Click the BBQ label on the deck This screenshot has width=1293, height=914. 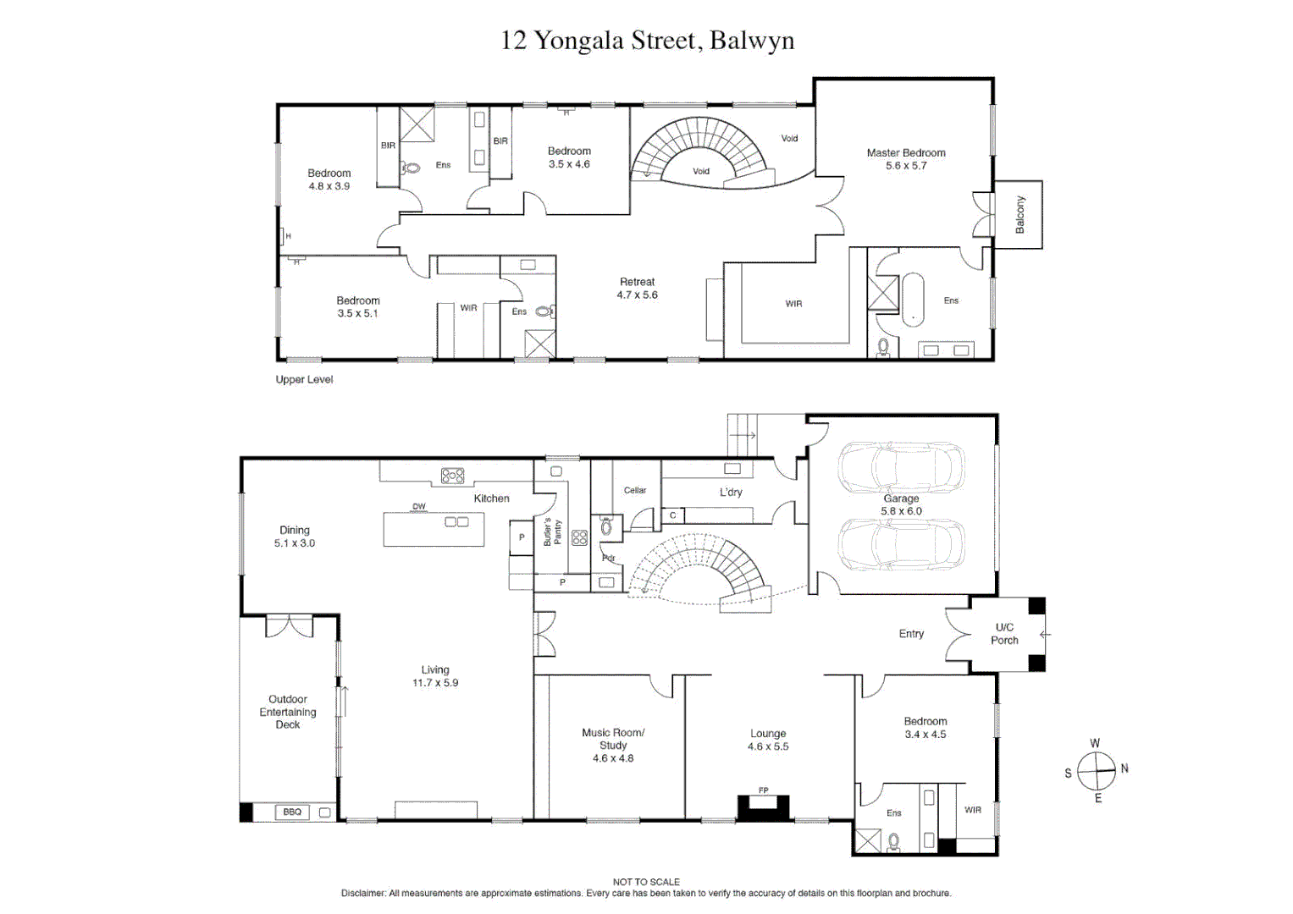(x=292, y=812)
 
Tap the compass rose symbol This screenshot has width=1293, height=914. (x=1097, y=771)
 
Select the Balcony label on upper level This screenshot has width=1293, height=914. (x=1019, y=215)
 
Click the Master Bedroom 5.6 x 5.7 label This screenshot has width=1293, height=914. (x=906, y=159)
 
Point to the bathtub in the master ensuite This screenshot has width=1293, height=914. (x=913, y=300)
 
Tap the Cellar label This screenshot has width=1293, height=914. (x=635, y=490)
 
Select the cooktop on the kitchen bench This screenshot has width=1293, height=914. (x=452, y=476)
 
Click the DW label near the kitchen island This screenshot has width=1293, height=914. (x=419, y=506)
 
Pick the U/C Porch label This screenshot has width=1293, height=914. (x=1004, y=634)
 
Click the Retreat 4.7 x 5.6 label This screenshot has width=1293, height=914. (x=638, y=288)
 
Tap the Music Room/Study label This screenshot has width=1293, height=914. (x=613, y=739)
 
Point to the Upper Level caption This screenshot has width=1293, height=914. (x=304, y=379)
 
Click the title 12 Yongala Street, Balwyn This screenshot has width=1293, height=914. (x=647, y=41)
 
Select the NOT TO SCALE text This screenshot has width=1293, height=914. (x=646, y=882)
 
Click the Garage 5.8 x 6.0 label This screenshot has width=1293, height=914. (x=901, y=504)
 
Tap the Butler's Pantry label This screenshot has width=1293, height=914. (x=552, y=532)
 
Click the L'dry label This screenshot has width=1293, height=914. (x=731, y=493)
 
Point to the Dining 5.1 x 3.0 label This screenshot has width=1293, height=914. (x=295, y=536)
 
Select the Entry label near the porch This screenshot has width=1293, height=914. (x=911, y=634)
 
